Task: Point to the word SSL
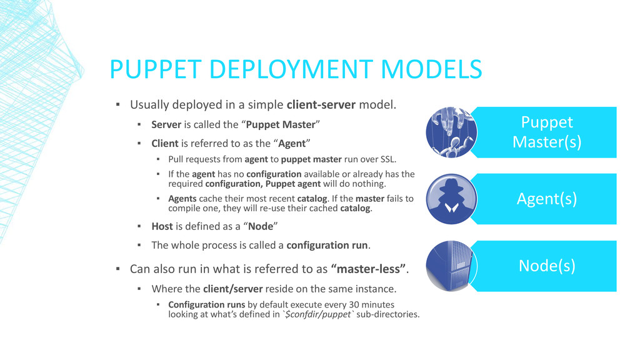pos(386,159)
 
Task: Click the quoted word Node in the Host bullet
pos(261,226)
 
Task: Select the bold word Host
pos(163,226)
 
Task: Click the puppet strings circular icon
pos(451,132)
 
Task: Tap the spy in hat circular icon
pos(451,199)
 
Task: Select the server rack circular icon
pos(451,266)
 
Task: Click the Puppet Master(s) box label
pos(546,132)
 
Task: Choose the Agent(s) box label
pos(546,199)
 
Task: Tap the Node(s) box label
pos(546,266)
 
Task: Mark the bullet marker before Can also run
pos(117,270)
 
